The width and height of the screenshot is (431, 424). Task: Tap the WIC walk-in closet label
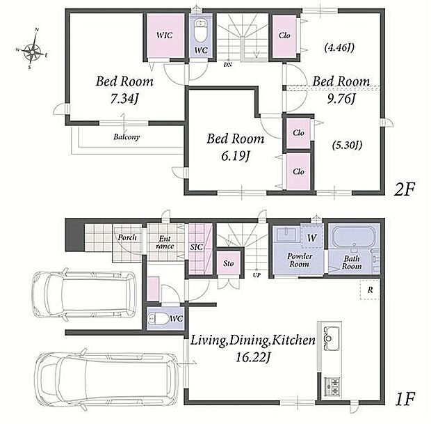click(165, 36)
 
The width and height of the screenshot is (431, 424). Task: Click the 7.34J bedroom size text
click(124, 99)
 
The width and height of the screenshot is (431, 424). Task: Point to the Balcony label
click(127, 137)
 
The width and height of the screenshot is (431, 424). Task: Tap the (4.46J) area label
click(339, 48)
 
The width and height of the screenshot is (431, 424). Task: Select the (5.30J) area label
click(347, 145)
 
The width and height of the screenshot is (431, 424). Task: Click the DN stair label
click(228, 65)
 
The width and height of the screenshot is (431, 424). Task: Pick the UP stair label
click(257, 275)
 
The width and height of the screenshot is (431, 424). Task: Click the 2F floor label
click(404, 189)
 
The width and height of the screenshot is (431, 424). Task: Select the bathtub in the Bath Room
click(353, 237)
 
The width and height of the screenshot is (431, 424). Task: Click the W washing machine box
click(311, 235)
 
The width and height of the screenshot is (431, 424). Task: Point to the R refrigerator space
click(370, 290)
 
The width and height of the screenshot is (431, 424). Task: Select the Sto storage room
click(229, 263)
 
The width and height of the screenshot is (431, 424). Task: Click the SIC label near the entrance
click(196, 247)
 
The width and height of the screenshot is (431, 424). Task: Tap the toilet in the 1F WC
click(158, 319)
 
